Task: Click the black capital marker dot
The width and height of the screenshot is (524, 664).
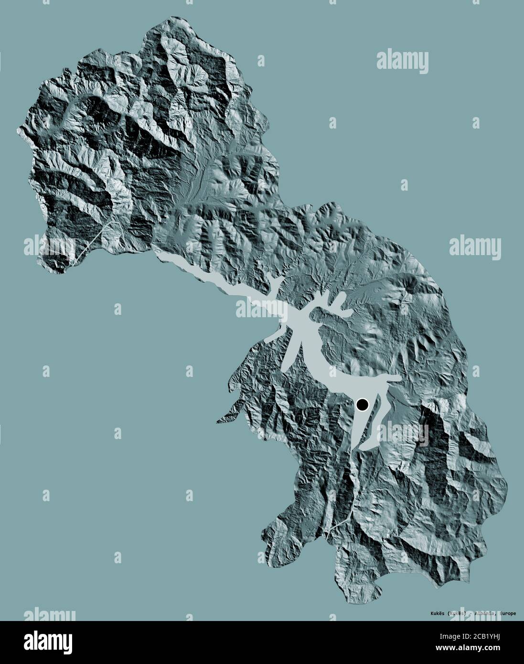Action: point(363,406)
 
